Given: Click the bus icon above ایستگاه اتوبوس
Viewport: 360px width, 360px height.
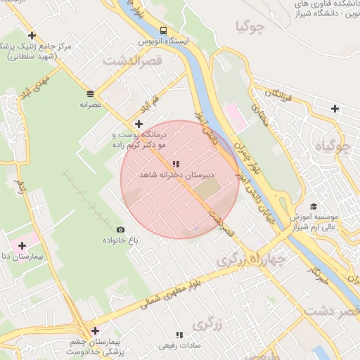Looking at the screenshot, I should (x=163, y=30).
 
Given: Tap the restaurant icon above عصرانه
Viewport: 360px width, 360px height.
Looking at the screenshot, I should (x=91, y=93).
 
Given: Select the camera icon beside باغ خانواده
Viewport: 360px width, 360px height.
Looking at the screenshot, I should (x=120, y=229).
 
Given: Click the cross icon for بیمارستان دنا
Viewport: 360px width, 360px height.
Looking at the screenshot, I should (x=22, y=245).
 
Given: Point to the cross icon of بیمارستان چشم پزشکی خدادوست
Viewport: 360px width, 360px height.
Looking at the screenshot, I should (x=94, y=330).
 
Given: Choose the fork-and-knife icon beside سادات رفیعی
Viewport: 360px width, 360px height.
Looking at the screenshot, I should (x=179, y=335).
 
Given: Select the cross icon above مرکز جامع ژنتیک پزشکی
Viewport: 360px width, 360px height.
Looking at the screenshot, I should (x=31, y=34).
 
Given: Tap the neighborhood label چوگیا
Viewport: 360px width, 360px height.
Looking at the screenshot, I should (x=251, y=28).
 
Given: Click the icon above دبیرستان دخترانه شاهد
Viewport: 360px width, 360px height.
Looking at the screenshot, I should (x=176, y=164).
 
